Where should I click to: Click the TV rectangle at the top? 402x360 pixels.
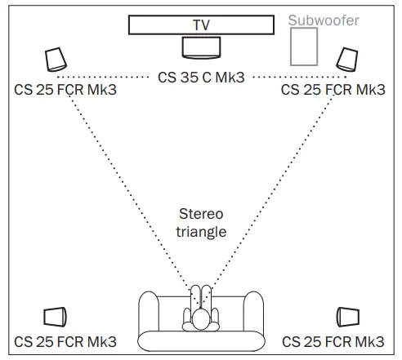tap(201, 24)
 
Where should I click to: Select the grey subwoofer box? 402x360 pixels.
tap(306, 47)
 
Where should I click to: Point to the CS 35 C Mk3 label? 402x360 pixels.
tap(201, 78)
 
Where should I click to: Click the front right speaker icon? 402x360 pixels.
tap(346, 60)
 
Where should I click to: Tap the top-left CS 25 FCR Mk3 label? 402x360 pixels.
tap(65, 89)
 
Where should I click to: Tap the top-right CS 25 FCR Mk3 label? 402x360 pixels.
tap(333, 89)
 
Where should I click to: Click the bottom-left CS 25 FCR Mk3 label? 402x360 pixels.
tap(65, 341)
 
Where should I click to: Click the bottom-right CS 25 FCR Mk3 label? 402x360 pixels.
tap(333, 341)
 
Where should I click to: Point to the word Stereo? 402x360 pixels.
tap(200, 215)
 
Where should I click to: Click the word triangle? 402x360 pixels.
tap(200, 232)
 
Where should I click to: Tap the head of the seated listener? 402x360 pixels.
tap(200, 320)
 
